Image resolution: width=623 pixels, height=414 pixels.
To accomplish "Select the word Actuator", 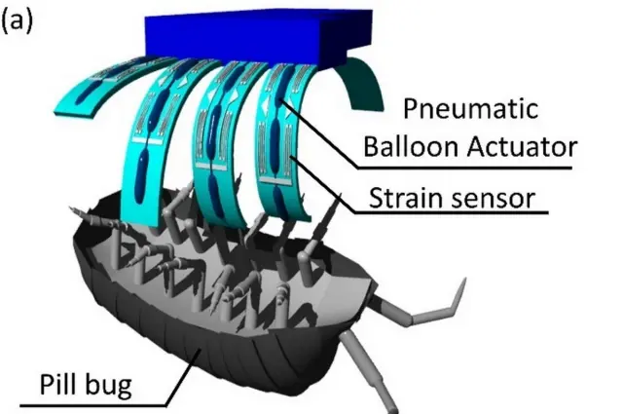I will (x=521, y=147).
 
